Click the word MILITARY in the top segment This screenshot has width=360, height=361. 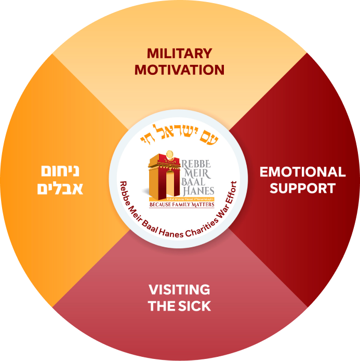click(x=179, y=54)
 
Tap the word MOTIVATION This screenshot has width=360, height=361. click(x=179, y=70)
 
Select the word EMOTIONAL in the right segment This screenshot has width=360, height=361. click(x=302, y=172)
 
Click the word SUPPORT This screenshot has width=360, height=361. click(x=302, y=188)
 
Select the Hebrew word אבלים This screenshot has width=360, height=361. click(x=58, y=188)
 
